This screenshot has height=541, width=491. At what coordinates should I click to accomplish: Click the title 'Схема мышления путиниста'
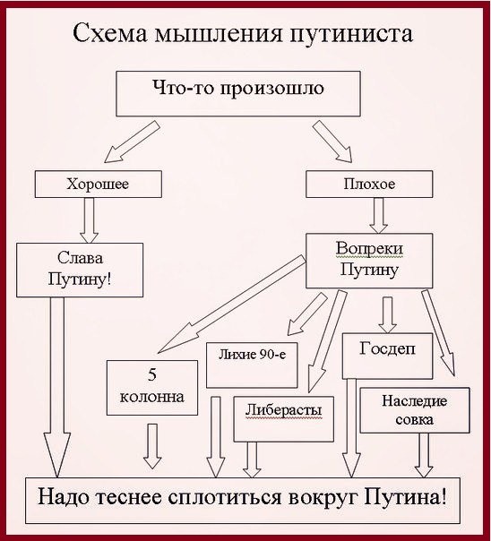click(243, 35)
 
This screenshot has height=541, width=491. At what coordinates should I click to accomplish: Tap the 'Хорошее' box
click(99, 184)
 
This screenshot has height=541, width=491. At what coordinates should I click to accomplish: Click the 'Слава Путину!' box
click(80, 270)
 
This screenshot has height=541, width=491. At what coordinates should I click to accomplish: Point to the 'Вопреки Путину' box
click(368, 261)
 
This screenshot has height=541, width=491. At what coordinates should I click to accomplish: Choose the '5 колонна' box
click(151, 388)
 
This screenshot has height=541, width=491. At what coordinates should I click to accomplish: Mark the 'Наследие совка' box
click(413, 409)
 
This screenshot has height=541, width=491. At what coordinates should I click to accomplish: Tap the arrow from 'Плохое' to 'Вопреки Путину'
click(379, 216)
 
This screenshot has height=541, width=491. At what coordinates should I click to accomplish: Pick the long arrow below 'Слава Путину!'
click(56, 385)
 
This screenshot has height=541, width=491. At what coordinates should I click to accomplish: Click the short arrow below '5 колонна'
click(154, 445)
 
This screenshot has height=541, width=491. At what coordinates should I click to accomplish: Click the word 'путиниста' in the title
click(356, 35)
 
